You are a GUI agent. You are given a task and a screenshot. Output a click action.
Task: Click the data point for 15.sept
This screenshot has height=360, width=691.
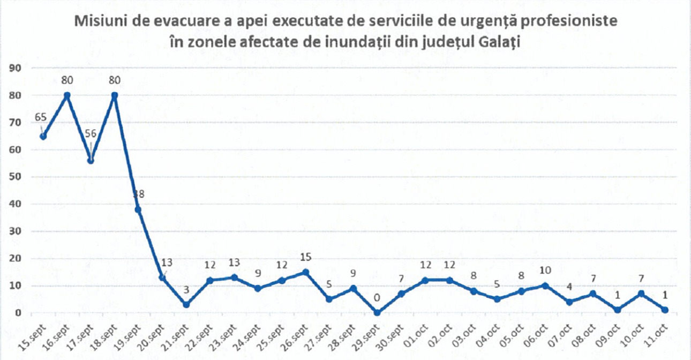43,136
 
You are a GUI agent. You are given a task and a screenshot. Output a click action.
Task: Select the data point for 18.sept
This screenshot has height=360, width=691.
115,95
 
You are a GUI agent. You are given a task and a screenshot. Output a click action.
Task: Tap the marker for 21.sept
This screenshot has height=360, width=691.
186,305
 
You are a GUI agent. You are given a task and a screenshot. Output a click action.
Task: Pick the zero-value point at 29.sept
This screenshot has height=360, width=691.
377,313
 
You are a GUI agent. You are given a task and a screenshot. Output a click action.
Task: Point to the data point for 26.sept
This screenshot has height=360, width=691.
305,272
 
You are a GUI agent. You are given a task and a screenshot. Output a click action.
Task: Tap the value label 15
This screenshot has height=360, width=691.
305,257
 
